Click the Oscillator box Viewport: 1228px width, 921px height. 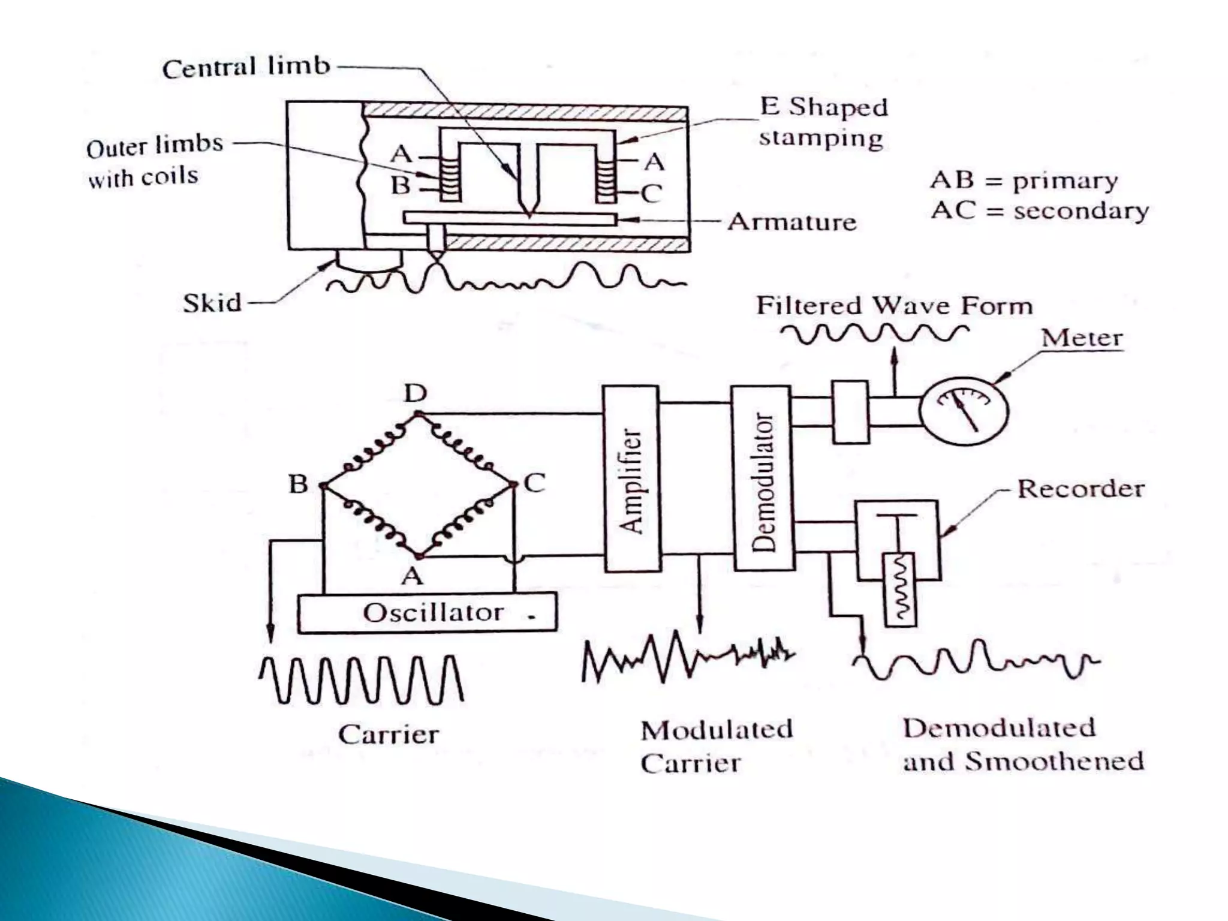(x=427, y=613)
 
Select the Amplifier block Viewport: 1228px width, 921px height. (x=631, y=478)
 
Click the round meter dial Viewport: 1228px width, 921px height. (x=964, y=411)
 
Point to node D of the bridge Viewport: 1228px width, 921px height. (x=419, y=413)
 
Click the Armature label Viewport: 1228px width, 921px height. (x=791, y=222)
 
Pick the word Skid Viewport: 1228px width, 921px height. (x=212, y=303)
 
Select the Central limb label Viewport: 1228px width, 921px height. (x=246, y=67)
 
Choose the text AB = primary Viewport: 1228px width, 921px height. (x=1024, y=180)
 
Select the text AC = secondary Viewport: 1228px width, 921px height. (x=1039, y=210)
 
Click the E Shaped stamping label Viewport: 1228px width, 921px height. (x=823, y=122)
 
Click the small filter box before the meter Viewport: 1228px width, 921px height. (x=850, y=412)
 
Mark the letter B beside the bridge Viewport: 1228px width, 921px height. (x=298, y=484)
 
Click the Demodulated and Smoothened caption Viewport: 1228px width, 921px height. (x=1022, y=745)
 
